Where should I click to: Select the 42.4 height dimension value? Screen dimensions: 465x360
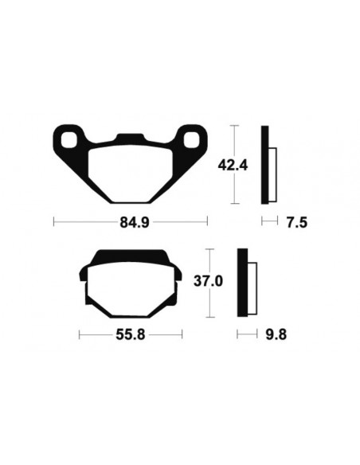[x=233, y=166]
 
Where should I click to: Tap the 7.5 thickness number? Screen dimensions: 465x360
[x=295, y=222]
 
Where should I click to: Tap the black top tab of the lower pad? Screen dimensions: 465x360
[x=128, y=257]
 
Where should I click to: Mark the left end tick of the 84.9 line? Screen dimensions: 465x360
[x=53, y=222]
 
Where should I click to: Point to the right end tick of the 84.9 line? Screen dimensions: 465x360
[x=206, y=222]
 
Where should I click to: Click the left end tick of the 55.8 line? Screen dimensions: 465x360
[x=80, y=335]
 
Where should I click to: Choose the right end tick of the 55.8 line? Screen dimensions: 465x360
[x=182, y=335]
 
